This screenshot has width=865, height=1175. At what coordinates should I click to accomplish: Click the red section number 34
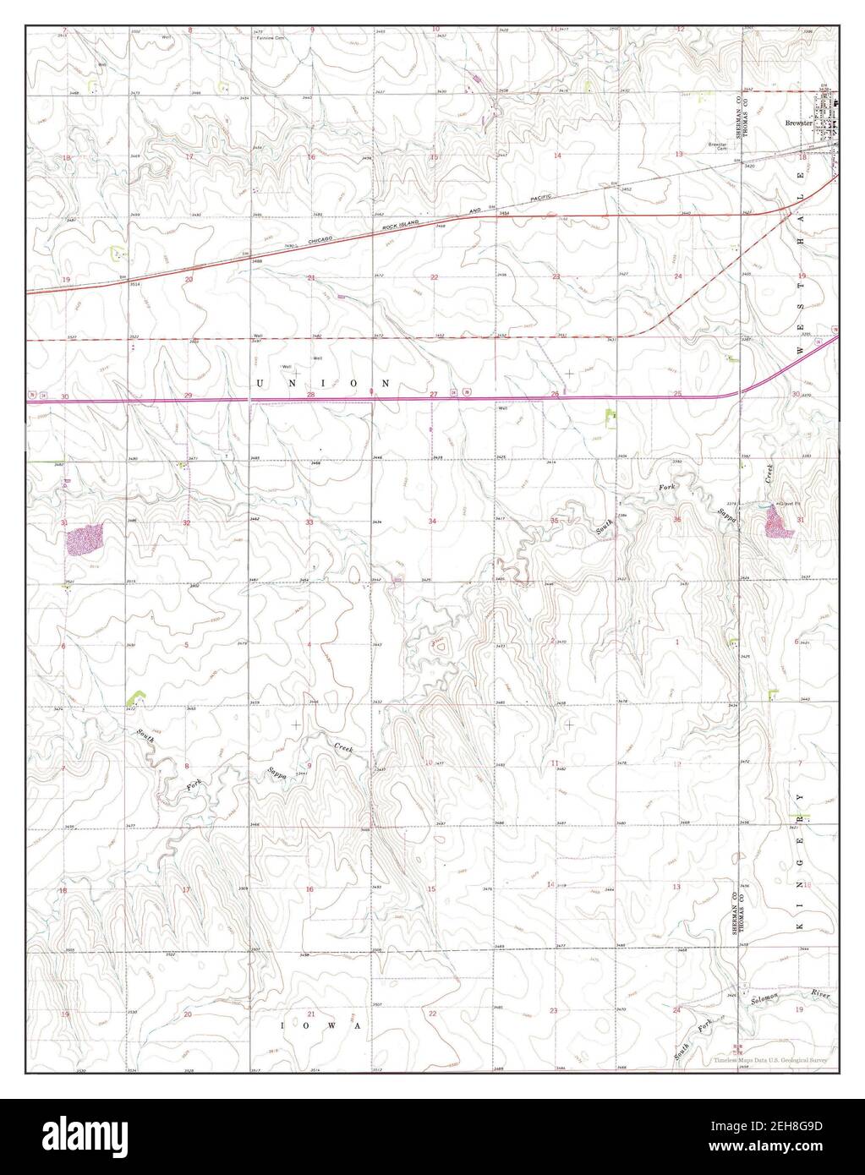[x=432, y=522]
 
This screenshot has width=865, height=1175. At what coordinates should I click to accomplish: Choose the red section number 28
[x=310, y=395]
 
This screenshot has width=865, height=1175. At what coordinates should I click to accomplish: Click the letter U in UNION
[x=259, y=383]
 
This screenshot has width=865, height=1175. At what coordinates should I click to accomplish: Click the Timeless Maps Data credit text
[x=769, y=1060]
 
